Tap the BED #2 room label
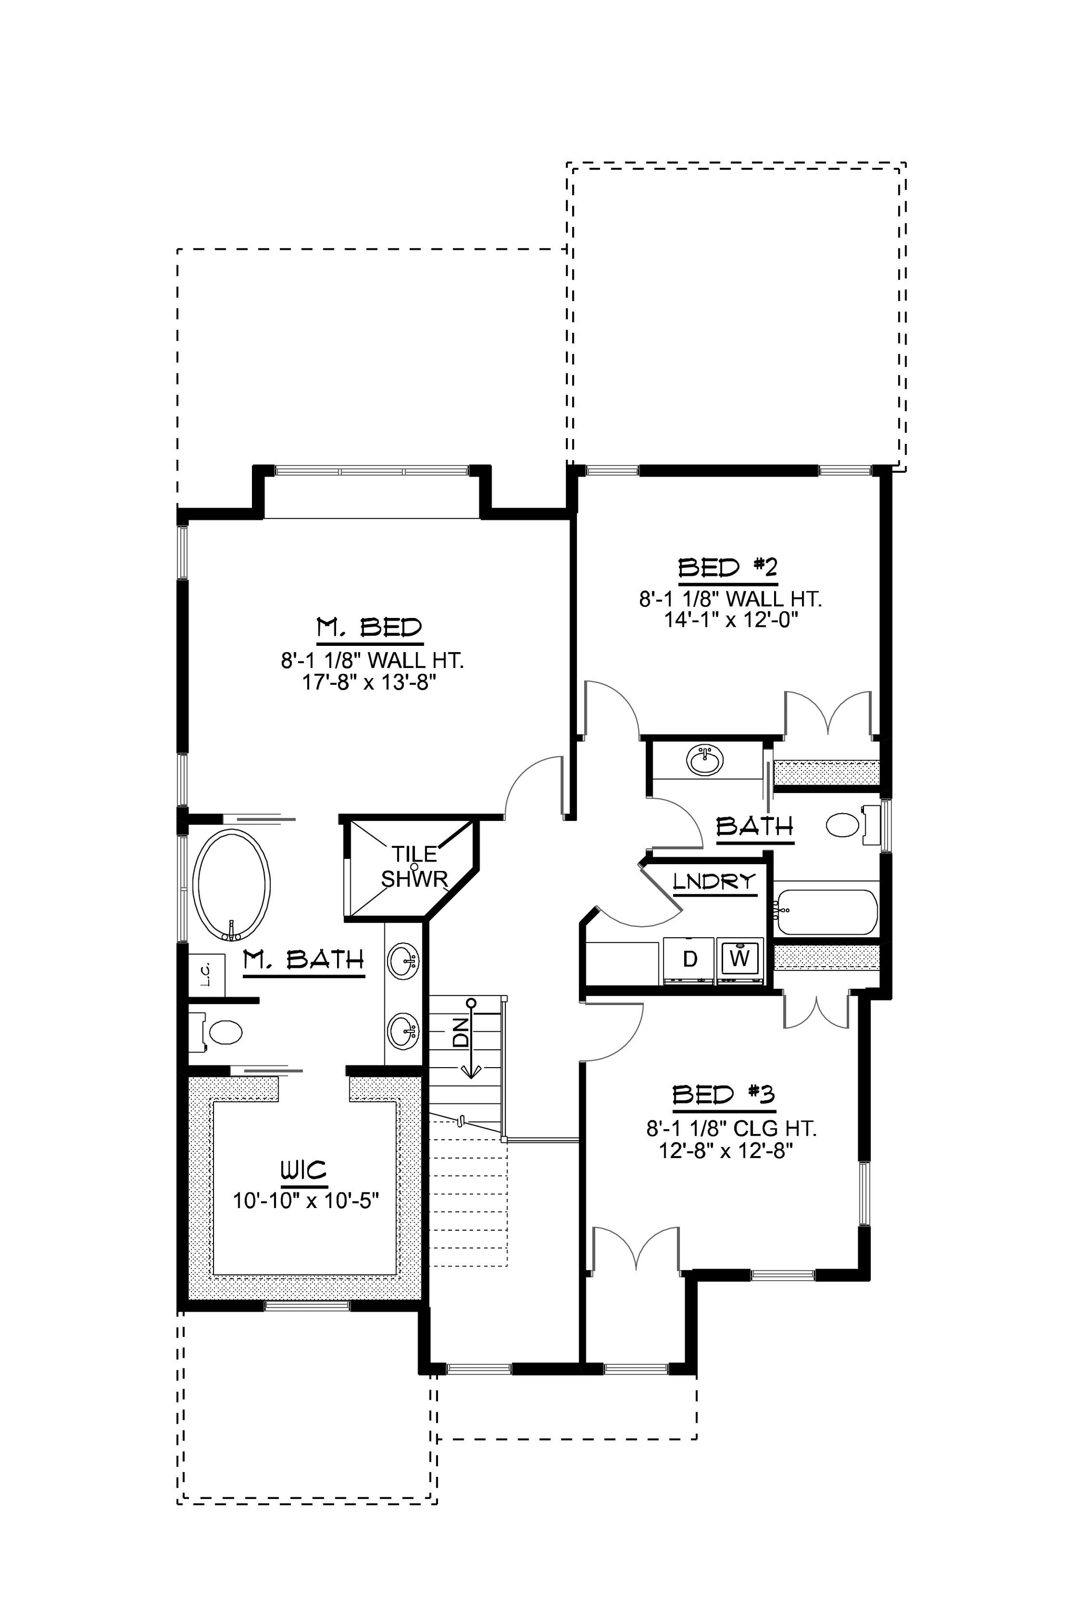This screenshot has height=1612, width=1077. click(727, 567)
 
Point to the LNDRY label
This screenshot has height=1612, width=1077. click(714, 881)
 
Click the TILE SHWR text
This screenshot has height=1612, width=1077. click(415, 866)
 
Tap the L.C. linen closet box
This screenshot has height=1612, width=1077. click(207, 974)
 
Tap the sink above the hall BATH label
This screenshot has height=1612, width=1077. click(704, 761)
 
